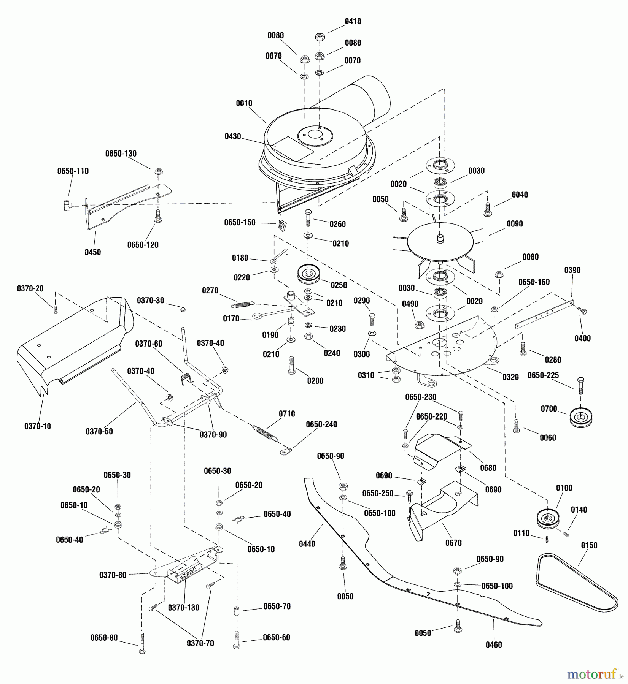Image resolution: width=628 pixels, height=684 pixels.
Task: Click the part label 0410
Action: pos(353,22)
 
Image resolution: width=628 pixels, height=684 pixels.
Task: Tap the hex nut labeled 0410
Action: pos(320,37)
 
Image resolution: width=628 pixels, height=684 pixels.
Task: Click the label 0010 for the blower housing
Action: pos(243,103)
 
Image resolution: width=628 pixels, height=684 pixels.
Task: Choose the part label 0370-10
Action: pos(38,426)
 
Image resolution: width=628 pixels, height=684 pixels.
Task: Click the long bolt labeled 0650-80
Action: pos(142,643)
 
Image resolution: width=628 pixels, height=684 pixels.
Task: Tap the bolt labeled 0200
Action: pos(292,365)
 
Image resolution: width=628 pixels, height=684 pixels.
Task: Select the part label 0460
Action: pos(494,645)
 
